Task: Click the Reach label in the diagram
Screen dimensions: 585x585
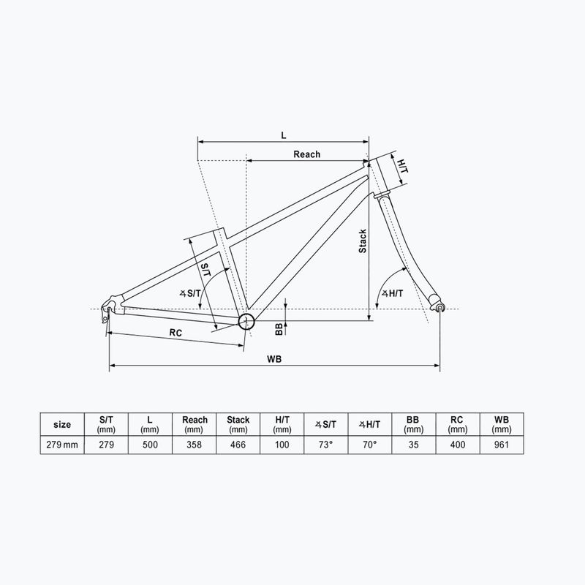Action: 307,154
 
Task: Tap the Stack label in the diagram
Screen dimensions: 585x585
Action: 362,241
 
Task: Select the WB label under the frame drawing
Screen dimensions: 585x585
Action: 275,359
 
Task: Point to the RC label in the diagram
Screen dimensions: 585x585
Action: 175,333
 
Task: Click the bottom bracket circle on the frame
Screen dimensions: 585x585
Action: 246,320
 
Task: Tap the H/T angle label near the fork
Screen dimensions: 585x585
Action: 393,293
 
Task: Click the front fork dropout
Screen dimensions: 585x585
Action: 439,308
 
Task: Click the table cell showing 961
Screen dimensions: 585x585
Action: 501,445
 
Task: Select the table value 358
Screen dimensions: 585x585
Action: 195,445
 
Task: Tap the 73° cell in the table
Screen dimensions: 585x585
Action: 325,445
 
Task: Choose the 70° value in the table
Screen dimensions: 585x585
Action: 369,445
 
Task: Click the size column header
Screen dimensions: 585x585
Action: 63,424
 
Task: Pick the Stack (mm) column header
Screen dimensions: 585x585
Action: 238,424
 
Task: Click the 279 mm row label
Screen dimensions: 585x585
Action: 63,445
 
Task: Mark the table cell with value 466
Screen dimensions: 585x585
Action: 238,445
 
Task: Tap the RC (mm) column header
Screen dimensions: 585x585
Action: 457,424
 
